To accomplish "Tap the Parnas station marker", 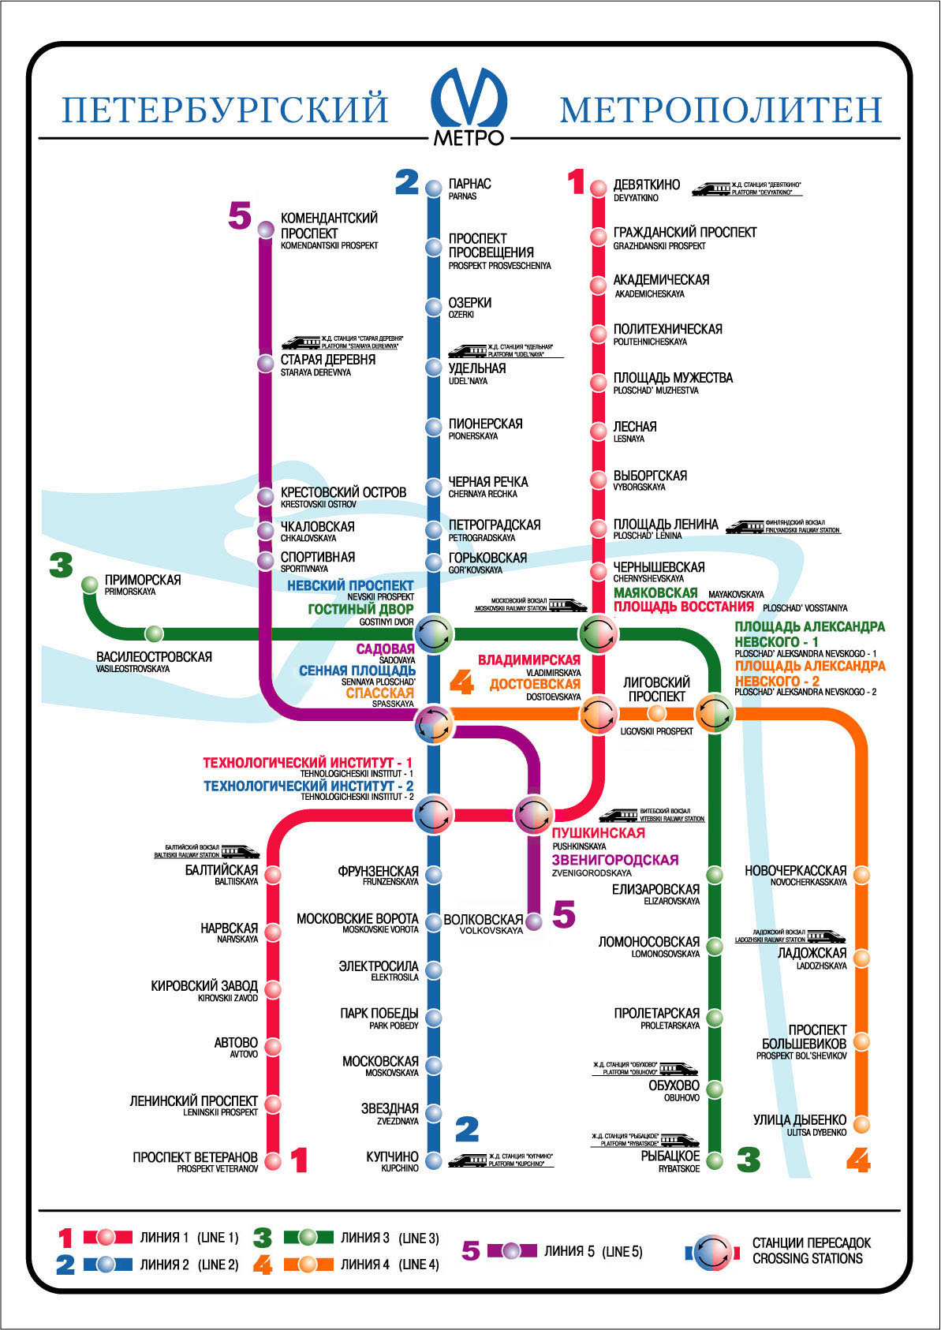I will (x=433, y=188).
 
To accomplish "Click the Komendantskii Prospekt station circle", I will (x=266, y=230).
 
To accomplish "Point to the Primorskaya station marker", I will (x=90, y=585).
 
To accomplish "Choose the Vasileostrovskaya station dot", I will (x=154, y=633).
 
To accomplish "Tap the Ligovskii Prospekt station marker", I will (x=656, y=713).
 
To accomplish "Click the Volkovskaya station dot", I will (x=534, y=921).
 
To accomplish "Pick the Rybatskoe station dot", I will (x=714, y=1160).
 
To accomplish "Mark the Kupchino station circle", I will (x=433, y=1158).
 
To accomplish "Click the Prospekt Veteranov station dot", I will (x=273, y=1160).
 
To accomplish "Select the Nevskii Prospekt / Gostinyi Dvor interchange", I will (x=434, y=633).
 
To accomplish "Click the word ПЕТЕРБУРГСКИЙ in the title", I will (x=225, y=110).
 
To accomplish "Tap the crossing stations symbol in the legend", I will (x=713, y=1252).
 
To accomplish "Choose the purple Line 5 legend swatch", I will (x=512, y=1250).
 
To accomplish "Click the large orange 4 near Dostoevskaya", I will (x=461, y=683).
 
